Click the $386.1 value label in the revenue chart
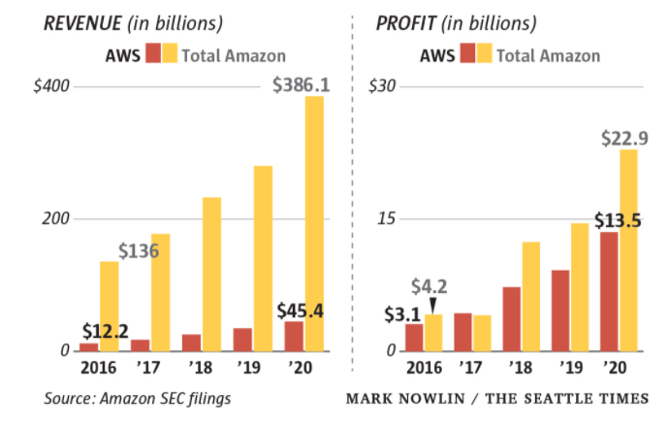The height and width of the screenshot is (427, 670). pyautogui.click(x=301, y=85)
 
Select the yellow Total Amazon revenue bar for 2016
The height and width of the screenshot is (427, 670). pyautogui.click(x=109, y=306)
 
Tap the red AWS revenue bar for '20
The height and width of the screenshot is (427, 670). pyautogui.click(x=294, y=336)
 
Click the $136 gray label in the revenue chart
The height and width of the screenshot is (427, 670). pyautogui.click(x=139, y=251)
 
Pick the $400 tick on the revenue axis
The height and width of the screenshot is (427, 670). pyautogui.click(x=51, y=86)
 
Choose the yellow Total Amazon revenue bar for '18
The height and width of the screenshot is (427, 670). pyautogui.click(x=211, y=274)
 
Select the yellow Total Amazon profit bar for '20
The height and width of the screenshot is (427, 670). pyautogui.click(x=628, y=249)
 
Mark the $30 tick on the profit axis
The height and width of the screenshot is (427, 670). pyautogui.click(x=384, y=86)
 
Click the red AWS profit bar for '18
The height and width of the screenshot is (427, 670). pyautogui.click(x=512, y=318)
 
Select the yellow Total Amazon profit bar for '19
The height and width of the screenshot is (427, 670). pyautogui.click(x=580, y=286)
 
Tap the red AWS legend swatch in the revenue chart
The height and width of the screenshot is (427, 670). pyautogui.click(x=153, y=54)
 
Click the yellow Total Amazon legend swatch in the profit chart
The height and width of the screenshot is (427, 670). pyautogui.click(x=484, y=54)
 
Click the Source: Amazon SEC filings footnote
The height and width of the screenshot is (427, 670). pyautogui.click(x=137, y=399)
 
